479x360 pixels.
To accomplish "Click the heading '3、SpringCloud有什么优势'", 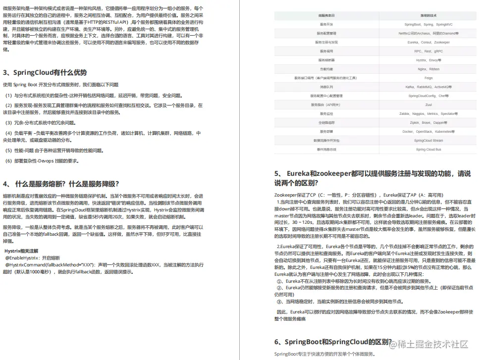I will click(x=45, y=72).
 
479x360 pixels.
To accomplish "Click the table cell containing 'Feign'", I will click(x=428, y=78).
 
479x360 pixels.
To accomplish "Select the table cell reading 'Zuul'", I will click(x=428, y=104).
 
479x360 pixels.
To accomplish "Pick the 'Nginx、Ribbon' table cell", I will click(x=428, y=69).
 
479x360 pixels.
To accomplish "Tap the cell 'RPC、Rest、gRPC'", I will click(x=428, y=51).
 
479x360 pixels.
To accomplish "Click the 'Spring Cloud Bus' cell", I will click(x=428, y=149).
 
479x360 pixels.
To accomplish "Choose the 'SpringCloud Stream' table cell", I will click(x=428, y=140).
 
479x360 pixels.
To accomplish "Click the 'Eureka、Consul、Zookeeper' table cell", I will click(x=428, y=42).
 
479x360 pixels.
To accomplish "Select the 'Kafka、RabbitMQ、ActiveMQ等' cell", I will click(x=428, y=87).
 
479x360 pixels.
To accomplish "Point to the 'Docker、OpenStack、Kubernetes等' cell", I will click(x=428, y=131).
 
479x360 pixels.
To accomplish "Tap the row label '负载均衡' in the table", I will click(x=326, y=69).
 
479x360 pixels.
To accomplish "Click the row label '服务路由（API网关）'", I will click(x=326, y=104).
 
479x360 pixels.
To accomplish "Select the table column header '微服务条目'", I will click(x=326, y=15).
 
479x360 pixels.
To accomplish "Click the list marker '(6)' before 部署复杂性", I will click(x=8, y=161).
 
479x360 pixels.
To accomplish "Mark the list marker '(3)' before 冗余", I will click(x=8, y=122).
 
